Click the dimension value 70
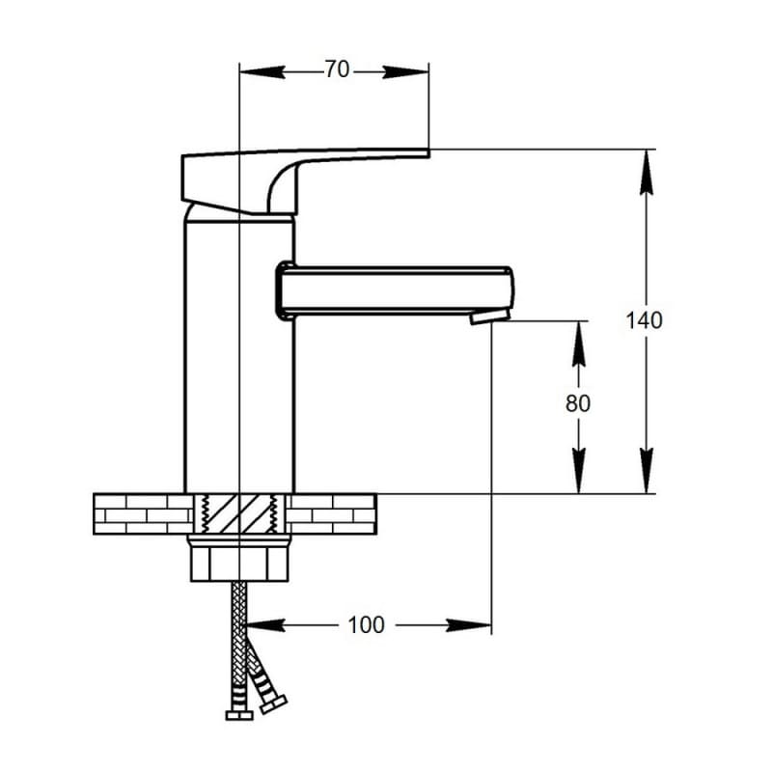coord(337,69)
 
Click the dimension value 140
coord(644,320)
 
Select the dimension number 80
coord(577,403)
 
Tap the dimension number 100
coord(366,625)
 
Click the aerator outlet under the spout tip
coord(489,317)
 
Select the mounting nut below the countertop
coord(239,560)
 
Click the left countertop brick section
coord(143,514)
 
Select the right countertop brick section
coord(331,514)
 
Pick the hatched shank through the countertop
coord(239,514)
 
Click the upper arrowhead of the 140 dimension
coord(647,173)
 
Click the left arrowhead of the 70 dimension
coord(262,71)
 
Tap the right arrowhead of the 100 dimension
coord(469,625)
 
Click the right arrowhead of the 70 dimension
coord(405,71)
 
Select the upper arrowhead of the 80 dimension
coord(579,344)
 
